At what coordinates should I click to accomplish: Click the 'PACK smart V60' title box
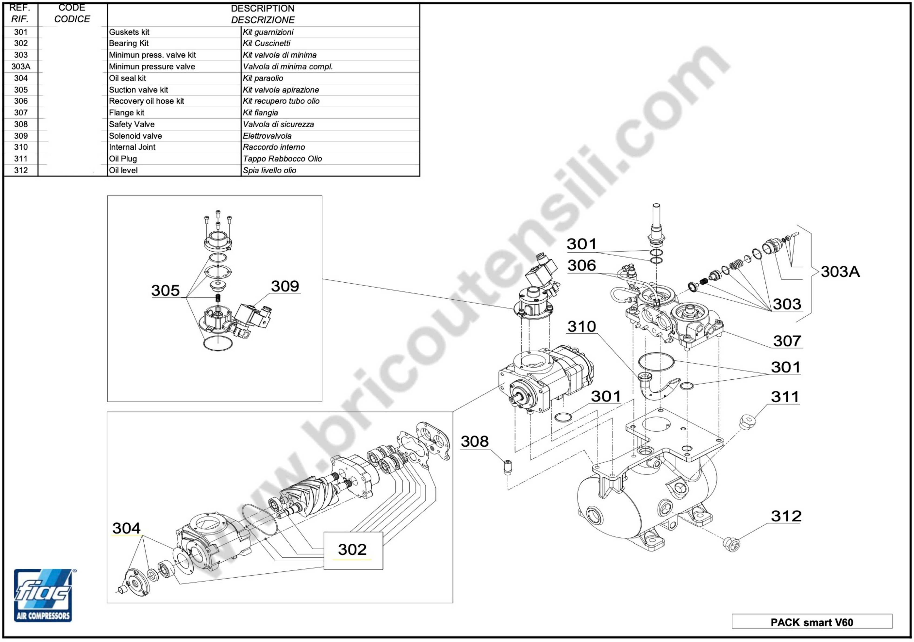pos(812,622)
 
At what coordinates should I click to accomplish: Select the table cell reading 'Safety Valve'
pos(132,124)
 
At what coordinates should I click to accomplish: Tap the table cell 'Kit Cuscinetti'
pos(267,43)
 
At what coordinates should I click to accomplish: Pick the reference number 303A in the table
pos(21,67)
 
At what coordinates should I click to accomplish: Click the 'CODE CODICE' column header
pos(72,13)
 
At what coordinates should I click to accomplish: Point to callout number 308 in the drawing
pos(475,441)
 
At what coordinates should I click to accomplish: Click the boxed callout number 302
pos(353,550)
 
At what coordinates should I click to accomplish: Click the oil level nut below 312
pos(731,544)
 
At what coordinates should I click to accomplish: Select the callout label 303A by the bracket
pos(840,272)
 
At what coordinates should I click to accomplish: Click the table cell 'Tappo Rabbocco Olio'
pos(282,159)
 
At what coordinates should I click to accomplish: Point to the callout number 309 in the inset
pos(285,286)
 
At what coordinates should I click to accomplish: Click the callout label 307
pos(787,341)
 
